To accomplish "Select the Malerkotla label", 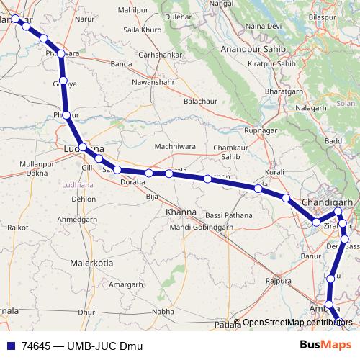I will tap(91, 263).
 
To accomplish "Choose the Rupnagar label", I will tap(261, 130).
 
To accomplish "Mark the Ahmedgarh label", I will tap(77, 218).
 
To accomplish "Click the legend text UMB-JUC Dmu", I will tap(104, 345).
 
